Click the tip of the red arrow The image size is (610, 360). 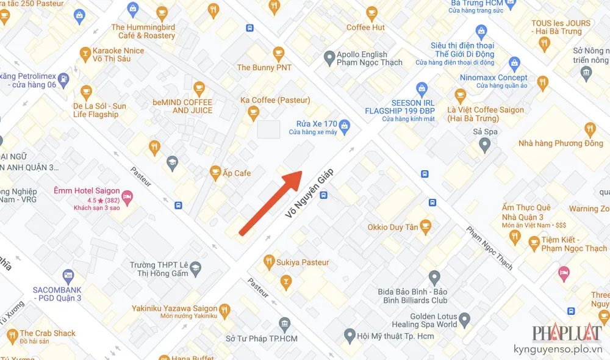coord(301,173)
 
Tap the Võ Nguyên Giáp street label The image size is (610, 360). coord(312,192)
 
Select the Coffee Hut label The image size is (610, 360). coord(365,27)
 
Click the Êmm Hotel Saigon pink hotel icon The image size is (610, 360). coord(127,196)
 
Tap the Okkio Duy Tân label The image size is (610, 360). coord(393,228)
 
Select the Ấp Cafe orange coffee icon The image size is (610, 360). coord(215,173)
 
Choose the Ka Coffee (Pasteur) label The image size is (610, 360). coord(275,100)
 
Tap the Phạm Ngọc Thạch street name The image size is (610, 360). coord(490,249)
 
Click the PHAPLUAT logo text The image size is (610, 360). coord(567,334)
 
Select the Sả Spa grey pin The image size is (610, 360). coord(485,145)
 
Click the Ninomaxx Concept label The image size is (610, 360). coord(494,77)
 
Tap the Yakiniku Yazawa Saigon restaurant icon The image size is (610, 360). coord(224,309)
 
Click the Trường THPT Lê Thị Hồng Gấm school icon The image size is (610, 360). coord(195,267)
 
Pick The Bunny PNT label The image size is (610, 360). coord(264,68)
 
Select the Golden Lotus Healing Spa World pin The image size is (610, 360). coord(465,319)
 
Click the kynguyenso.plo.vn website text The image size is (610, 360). coord(567,351)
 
